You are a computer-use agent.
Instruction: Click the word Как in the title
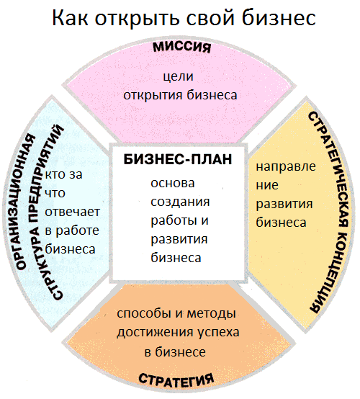click(70, 17)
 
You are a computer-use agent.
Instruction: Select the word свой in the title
click(210, 17)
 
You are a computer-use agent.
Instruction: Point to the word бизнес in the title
click(279, 17)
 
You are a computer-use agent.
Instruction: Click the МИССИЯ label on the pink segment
click(182, 48)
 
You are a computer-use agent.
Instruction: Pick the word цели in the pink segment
click(179, 76)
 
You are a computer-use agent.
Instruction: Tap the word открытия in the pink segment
click(153, 96)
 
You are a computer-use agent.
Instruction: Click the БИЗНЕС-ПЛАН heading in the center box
click(178, 159)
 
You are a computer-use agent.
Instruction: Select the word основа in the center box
click(173, 183)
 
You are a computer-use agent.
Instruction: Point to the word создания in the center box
click(180, 202)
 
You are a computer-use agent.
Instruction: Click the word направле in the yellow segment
click(286, 167)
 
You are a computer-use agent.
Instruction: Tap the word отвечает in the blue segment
click(72, 212)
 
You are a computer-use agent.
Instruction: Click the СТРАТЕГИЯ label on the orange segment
click(176, 381)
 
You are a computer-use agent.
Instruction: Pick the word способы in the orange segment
click(144, 313)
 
